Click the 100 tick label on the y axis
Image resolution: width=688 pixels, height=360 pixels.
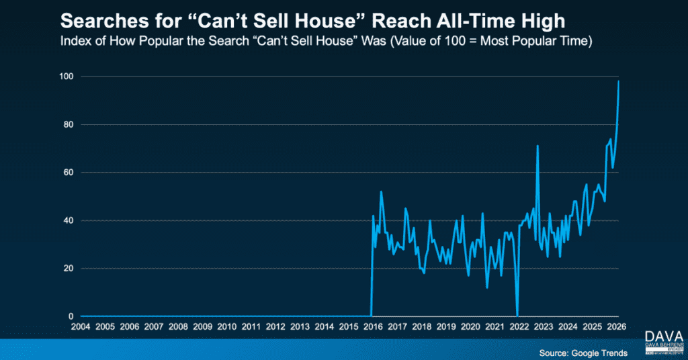67,77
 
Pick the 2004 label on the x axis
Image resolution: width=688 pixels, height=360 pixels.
81,327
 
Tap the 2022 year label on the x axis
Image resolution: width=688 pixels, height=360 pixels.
519,327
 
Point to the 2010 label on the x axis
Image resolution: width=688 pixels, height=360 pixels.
226,327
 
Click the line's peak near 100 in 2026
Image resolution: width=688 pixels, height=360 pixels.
618,81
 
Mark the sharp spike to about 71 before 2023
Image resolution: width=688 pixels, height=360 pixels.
537,145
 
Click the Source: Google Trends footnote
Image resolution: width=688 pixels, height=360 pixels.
583,353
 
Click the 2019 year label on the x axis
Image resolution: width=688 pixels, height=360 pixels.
446,327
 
